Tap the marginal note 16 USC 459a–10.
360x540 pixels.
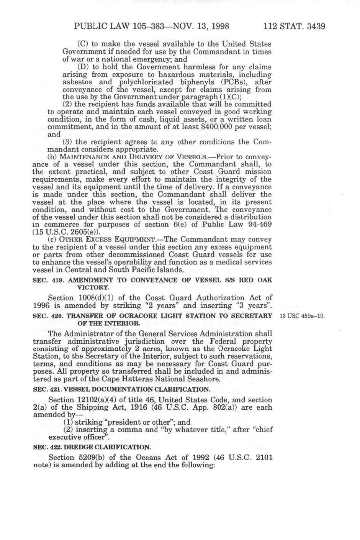coord(302,316)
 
